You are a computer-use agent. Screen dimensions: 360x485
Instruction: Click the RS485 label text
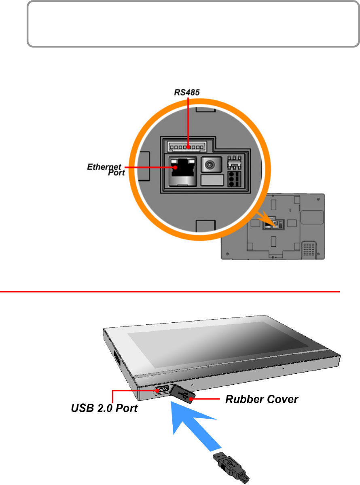[x=186, y=93]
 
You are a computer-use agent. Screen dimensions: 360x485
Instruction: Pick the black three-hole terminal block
[x=233, y=178]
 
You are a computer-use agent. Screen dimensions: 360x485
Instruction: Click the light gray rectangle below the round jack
[x=212, y=180]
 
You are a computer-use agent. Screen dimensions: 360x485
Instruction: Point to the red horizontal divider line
[x=170, y=291]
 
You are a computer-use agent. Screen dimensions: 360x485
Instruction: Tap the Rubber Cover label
[x=262, y=400]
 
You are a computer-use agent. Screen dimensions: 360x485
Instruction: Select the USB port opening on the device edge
[x=161, y=390]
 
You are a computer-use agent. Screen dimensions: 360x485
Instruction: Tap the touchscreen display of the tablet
[x=218, y=340]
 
